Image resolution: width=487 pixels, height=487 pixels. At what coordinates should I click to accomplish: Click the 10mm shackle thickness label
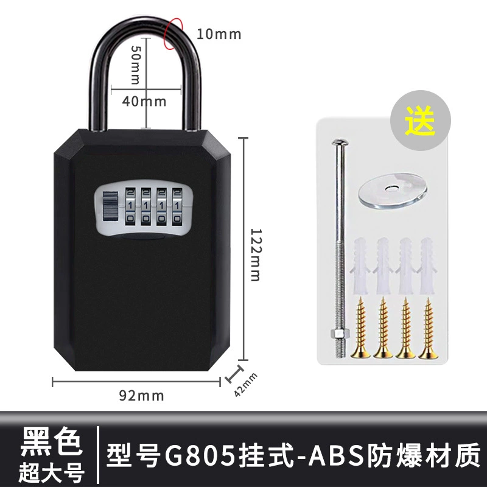pos(219,34)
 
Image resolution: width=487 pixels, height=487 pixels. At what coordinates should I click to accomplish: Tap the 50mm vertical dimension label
pos(136,65)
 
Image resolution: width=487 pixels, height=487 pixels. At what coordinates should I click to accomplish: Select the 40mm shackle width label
pos(144,101)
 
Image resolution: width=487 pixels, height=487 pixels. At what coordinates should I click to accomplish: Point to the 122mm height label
pos(256,255)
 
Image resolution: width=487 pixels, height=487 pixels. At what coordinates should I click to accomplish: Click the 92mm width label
pos(141,396)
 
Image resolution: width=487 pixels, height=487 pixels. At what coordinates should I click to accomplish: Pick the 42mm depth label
pos(246,385)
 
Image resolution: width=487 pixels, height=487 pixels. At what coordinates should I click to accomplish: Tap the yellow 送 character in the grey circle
pos(421,121)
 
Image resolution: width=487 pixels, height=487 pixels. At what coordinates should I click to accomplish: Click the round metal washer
pos(392,190)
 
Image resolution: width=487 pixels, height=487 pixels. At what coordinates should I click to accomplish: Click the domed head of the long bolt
pos(340,142)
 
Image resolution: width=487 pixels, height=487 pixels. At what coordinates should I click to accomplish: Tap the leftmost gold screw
pos(360,328)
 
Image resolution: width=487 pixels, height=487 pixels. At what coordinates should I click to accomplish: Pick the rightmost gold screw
pos(429,328)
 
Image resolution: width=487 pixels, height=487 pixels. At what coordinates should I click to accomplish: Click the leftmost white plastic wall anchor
pos(360,266)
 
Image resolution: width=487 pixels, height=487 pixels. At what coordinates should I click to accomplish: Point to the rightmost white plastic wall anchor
pos(428,266)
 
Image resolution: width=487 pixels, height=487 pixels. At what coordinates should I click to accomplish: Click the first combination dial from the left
pos(130,206)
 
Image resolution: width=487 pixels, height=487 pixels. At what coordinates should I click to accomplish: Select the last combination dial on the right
pos(177,206)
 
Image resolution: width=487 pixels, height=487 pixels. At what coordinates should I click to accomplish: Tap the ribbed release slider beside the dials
pos(111,206)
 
